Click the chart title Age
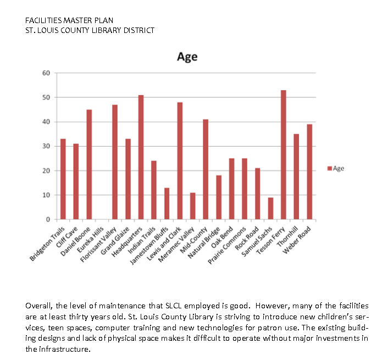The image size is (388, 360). pos(187,57)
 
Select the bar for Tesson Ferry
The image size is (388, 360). pos(283,154)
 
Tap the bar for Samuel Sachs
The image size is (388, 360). pos(270,208)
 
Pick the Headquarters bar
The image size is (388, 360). pos(141,157)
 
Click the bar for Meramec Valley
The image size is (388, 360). pos(192,206)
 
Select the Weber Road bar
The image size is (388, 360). pos(309,171)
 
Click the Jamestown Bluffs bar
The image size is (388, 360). pos(167,203)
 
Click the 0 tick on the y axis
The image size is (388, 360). pos(48,219)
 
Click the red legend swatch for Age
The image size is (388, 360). pos(329,168)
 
